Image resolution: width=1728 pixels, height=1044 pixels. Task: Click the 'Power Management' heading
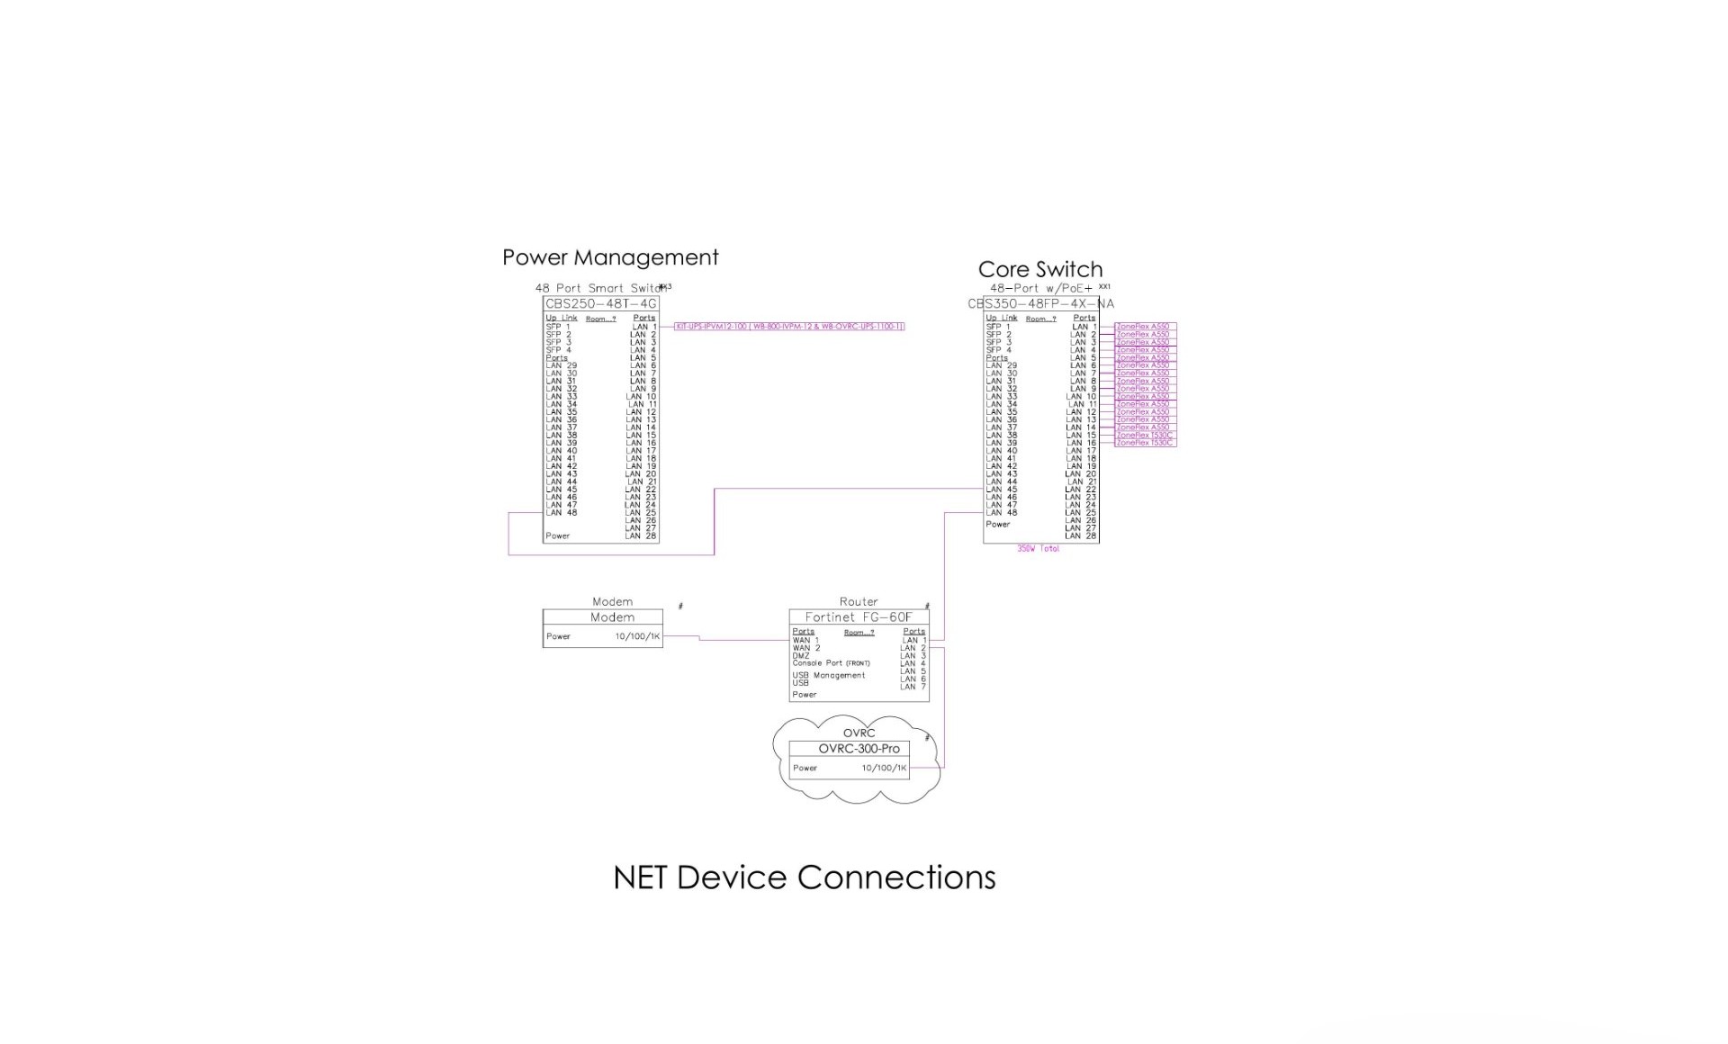(610, 258)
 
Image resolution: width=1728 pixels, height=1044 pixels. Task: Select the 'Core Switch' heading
(1039, 270)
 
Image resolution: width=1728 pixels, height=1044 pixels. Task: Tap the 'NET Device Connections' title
(804, 877)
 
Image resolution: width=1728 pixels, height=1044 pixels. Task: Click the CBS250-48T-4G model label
(601, 304)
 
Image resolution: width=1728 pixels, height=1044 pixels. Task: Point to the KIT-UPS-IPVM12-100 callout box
(789, 327)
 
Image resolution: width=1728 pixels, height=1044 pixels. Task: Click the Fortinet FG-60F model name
(858, 617)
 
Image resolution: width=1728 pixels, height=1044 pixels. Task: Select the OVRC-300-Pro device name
(859, 749)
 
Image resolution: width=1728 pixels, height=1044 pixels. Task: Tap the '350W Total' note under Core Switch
(1038, 549)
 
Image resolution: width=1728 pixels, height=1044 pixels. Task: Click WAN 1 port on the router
(805, 641)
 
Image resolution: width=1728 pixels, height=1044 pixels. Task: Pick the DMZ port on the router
(801, 656)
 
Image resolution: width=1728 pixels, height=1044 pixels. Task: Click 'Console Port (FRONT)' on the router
(831, 663)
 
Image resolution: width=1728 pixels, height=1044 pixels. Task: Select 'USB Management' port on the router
(828, 675)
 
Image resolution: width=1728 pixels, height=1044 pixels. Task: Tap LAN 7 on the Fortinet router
(913, 687)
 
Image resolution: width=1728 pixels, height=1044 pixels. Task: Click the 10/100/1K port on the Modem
(637, 636)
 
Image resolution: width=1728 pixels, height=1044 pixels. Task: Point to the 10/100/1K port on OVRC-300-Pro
(884, 769)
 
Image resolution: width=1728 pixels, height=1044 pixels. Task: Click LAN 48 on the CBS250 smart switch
(561, 513)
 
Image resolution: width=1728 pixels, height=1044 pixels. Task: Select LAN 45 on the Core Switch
(1001, 490)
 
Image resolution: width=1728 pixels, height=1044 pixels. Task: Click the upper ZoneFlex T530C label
(1145, 436)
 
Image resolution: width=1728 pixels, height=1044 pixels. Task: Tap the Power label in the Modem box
(558, 636)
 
